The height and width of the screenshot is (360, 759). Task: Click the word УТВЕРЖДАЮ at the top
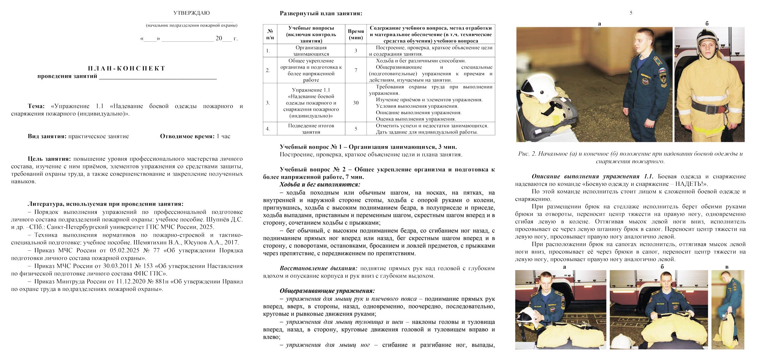[x=192, y=13]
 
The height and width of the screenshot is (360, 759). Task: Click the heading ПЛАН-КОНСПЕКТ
[x=127, y=68]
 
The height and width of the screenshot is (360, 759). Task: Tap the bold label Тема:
[x=36, y=106]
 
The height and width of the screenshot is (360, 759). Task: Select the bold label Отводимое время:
[x=187, y=136]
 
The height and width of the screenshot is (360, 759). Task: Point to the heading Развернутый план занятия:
[x=321, y=14]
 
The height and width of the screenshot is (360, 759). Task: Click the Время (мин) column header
[x=356, y=34]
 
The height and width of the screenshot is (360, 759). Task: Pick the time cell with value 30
[x=356, y=103]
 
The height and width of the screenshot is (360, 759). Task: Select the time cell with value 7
[x=356, y=70]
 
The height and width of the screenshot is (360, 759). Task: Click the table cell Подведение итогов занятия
[x=311, y=129]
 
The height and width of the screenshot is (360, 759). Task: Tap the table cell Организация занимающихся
[x=311, y=51]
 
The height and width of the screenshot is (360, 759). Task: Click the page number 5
[x=631, y=13]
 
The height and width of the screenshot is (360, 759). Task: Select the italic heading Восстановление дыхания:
[x=318, y=268]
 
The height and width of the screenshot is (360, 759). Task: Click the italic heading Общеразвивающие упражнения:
[x=327, y=291]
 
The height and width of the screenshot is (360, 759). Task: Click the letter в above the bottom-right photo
[x=727, y=267]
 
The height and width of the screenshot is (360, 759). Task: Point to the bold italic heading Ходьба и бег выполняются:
[x=320, y=184]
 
